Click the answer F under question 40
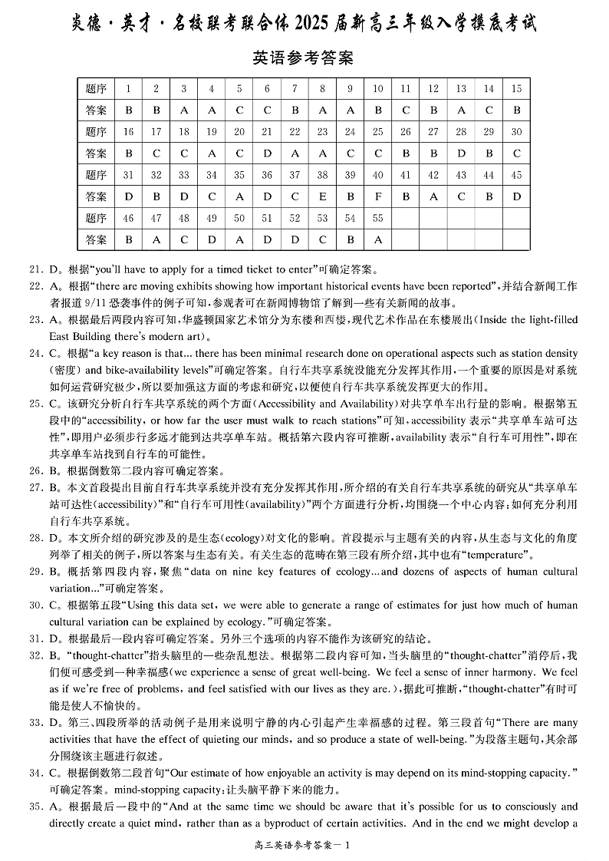click(377, 196)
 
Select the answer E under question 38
click(322, 196)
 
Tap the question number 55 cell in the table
click(377, 218)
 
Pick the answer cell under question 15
click(516, 111)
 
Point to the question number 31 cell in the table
click(128, 175)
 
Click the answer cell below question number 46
click(128, 239)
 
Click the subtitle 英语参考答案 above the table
click(303, 58)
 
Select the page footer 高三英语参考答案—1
click(304, 846)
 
